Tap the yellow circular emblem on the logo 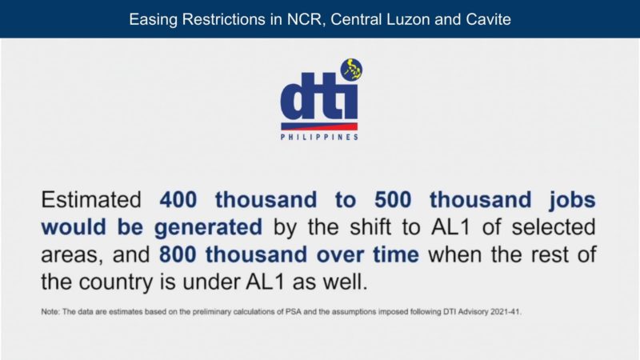point(350,69)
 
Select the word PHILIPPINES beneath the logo point(319,138)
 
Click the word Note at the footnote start point(50,311)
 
